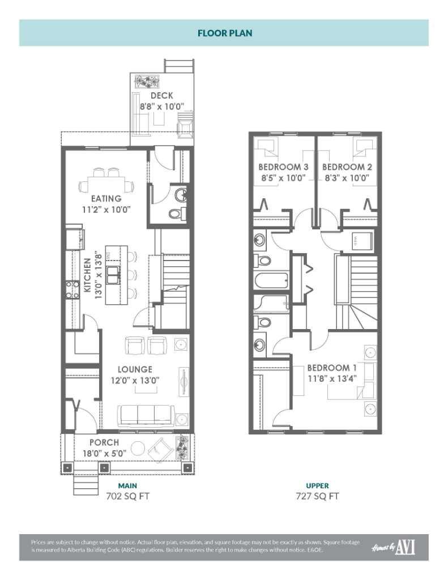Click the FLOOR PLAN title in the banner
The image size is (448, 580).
225,33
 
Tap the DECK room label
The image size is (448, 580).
161,96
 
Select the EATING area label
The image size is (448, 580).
106,199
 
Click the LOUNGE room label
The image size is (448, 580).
135,370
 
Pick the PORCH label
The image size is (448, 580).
104,442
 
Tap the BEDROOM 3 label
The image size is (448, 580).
283,167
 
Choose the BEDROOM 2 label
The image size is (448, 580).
347,167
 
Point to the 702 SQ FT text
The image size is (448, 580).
127,496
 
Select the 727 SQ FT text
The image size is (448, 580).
317,496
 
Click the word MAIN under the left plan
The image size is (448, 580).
127,486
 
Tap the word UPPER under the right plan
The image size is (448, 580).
317,486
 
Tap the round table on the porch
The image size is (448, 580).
138,449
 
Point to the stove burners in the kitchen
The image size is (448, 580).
72,290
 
